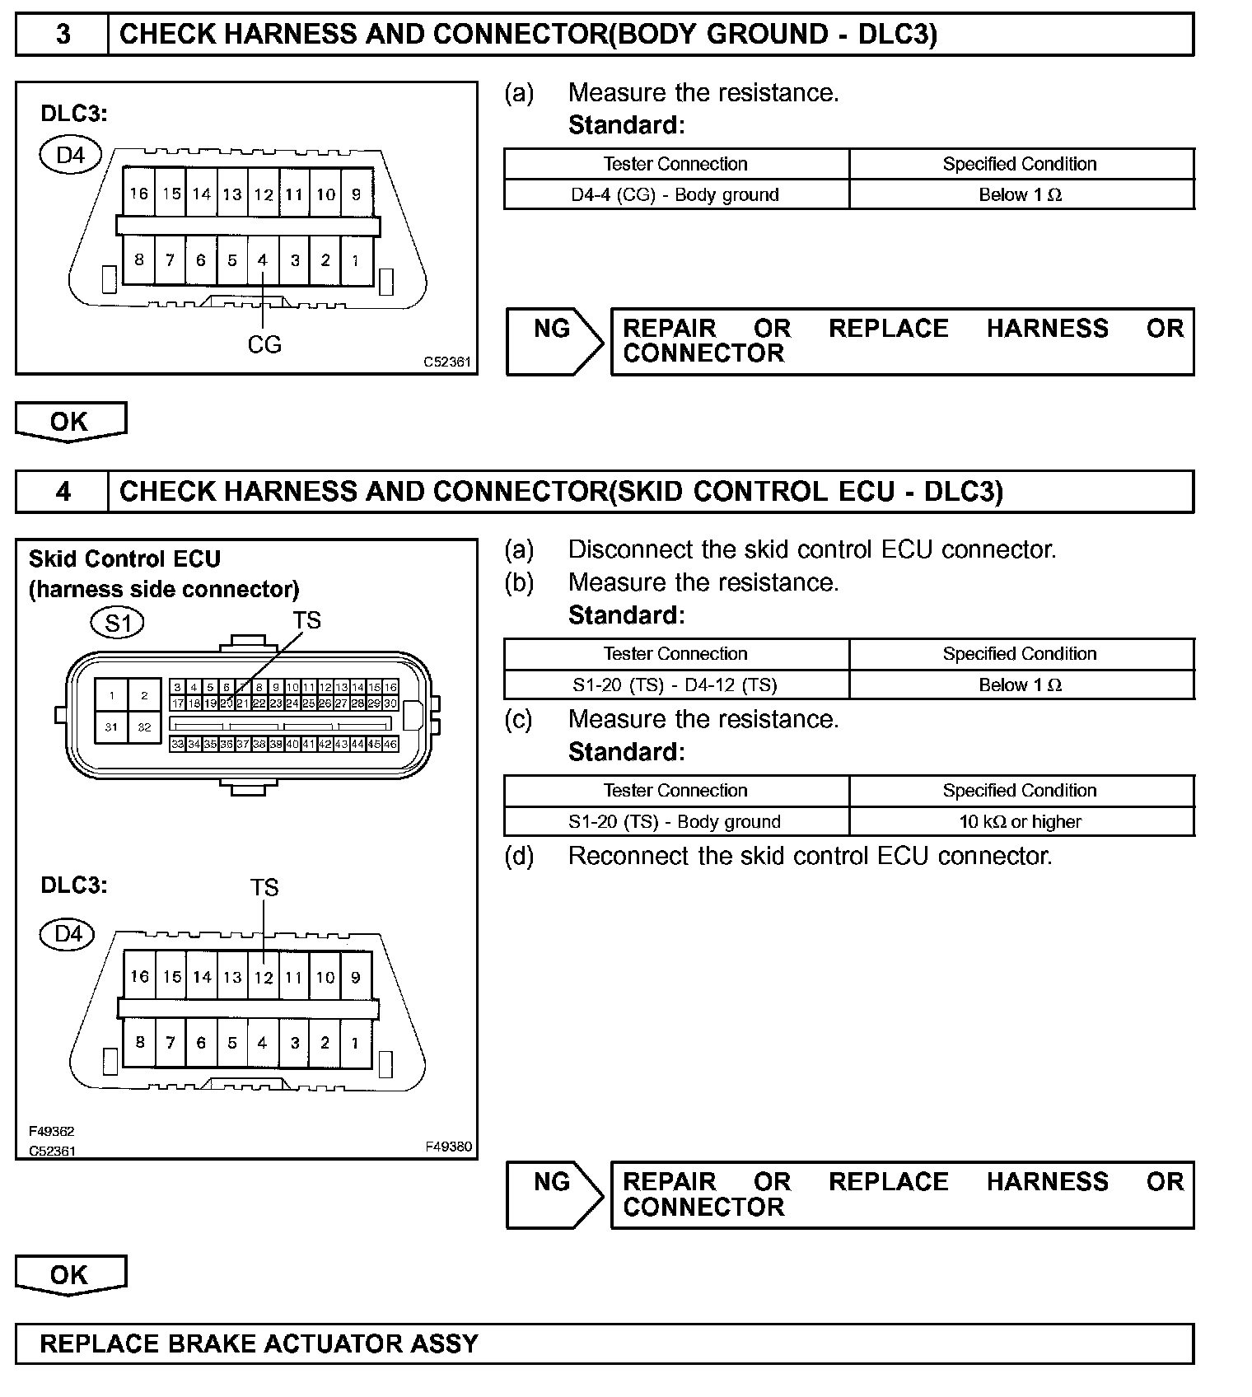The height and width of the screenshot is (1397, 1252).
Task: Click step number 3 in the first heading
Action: (x=63, y=35)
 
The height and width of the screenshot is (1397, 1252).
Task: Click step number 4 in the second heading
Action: (x=63, y=492)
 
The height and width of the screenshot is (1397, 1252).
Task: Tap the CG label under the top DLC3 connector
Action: (x=264, y=344)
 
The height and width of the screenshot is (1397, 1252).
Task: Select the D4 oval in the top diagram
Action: (x=71, y=155)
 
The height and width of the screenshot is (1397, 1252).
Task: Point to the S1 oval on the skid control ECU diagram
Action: (x=117, y=623)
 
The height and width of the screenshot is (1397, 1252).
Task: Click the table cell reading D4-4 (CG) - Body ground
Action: (x=675, y=195)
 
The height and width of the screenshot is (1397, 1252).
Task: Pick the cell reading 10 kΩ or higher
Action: (x=1020, y=821)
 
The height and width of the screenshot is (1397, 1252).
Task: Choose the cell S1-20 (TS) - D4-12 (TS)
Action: (x=675, y=684)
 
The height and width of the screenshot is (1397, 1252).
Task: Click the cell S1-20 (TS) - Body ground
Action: (x=675, y=821)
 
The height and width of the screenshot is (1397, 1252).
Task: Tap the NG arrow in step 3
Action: (x=554, y=341)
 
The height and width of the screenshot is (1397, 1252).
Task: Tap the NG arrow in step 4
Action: (x=554, y=1194)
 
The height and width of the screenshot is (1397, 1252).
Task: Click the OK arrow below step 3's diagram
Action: (x=70, y=422)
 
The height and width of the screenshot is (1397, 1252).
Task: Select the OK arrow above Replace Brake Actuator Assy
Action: (x=70, y=1275)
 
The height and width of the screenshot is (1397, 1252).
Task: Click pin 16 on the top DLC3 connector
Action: (x=139, y=194)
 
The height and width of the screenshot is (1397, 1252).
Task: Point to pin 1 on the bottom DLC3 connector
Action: (x=355, y=1043)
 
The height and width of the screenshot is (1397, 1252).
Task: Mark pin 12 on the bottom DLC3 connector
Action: (x=264, y=978)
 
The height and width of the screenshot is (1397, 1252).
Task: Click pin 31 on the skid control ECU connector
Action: (x=111, y=727)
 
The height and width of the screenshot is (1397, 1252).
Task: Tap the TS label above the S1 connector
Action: (x=306, y=620)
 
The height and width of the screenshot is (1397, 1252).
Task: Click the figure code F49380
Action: (x=448, y=1146)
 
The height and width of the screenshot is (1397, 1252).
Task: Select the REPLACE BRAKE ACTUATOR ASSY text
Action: (x=259, y=1343)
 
